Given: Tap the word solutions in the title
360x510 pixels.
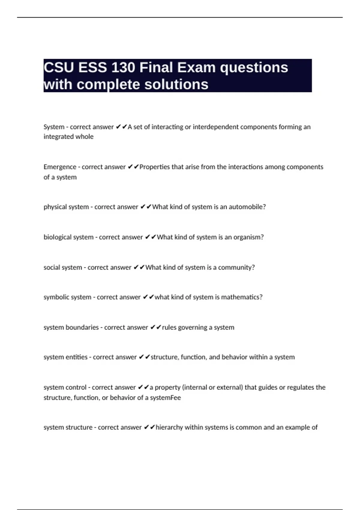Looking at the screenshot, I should (x=176, y=84).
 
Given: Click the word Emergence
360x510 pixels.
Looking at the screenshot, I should (x=60, y=167).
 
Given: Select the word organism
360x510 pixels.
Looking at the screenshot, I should (x=247, y=237).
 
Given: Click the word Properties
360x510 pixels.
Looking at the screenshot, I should (x=154, y=167).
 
